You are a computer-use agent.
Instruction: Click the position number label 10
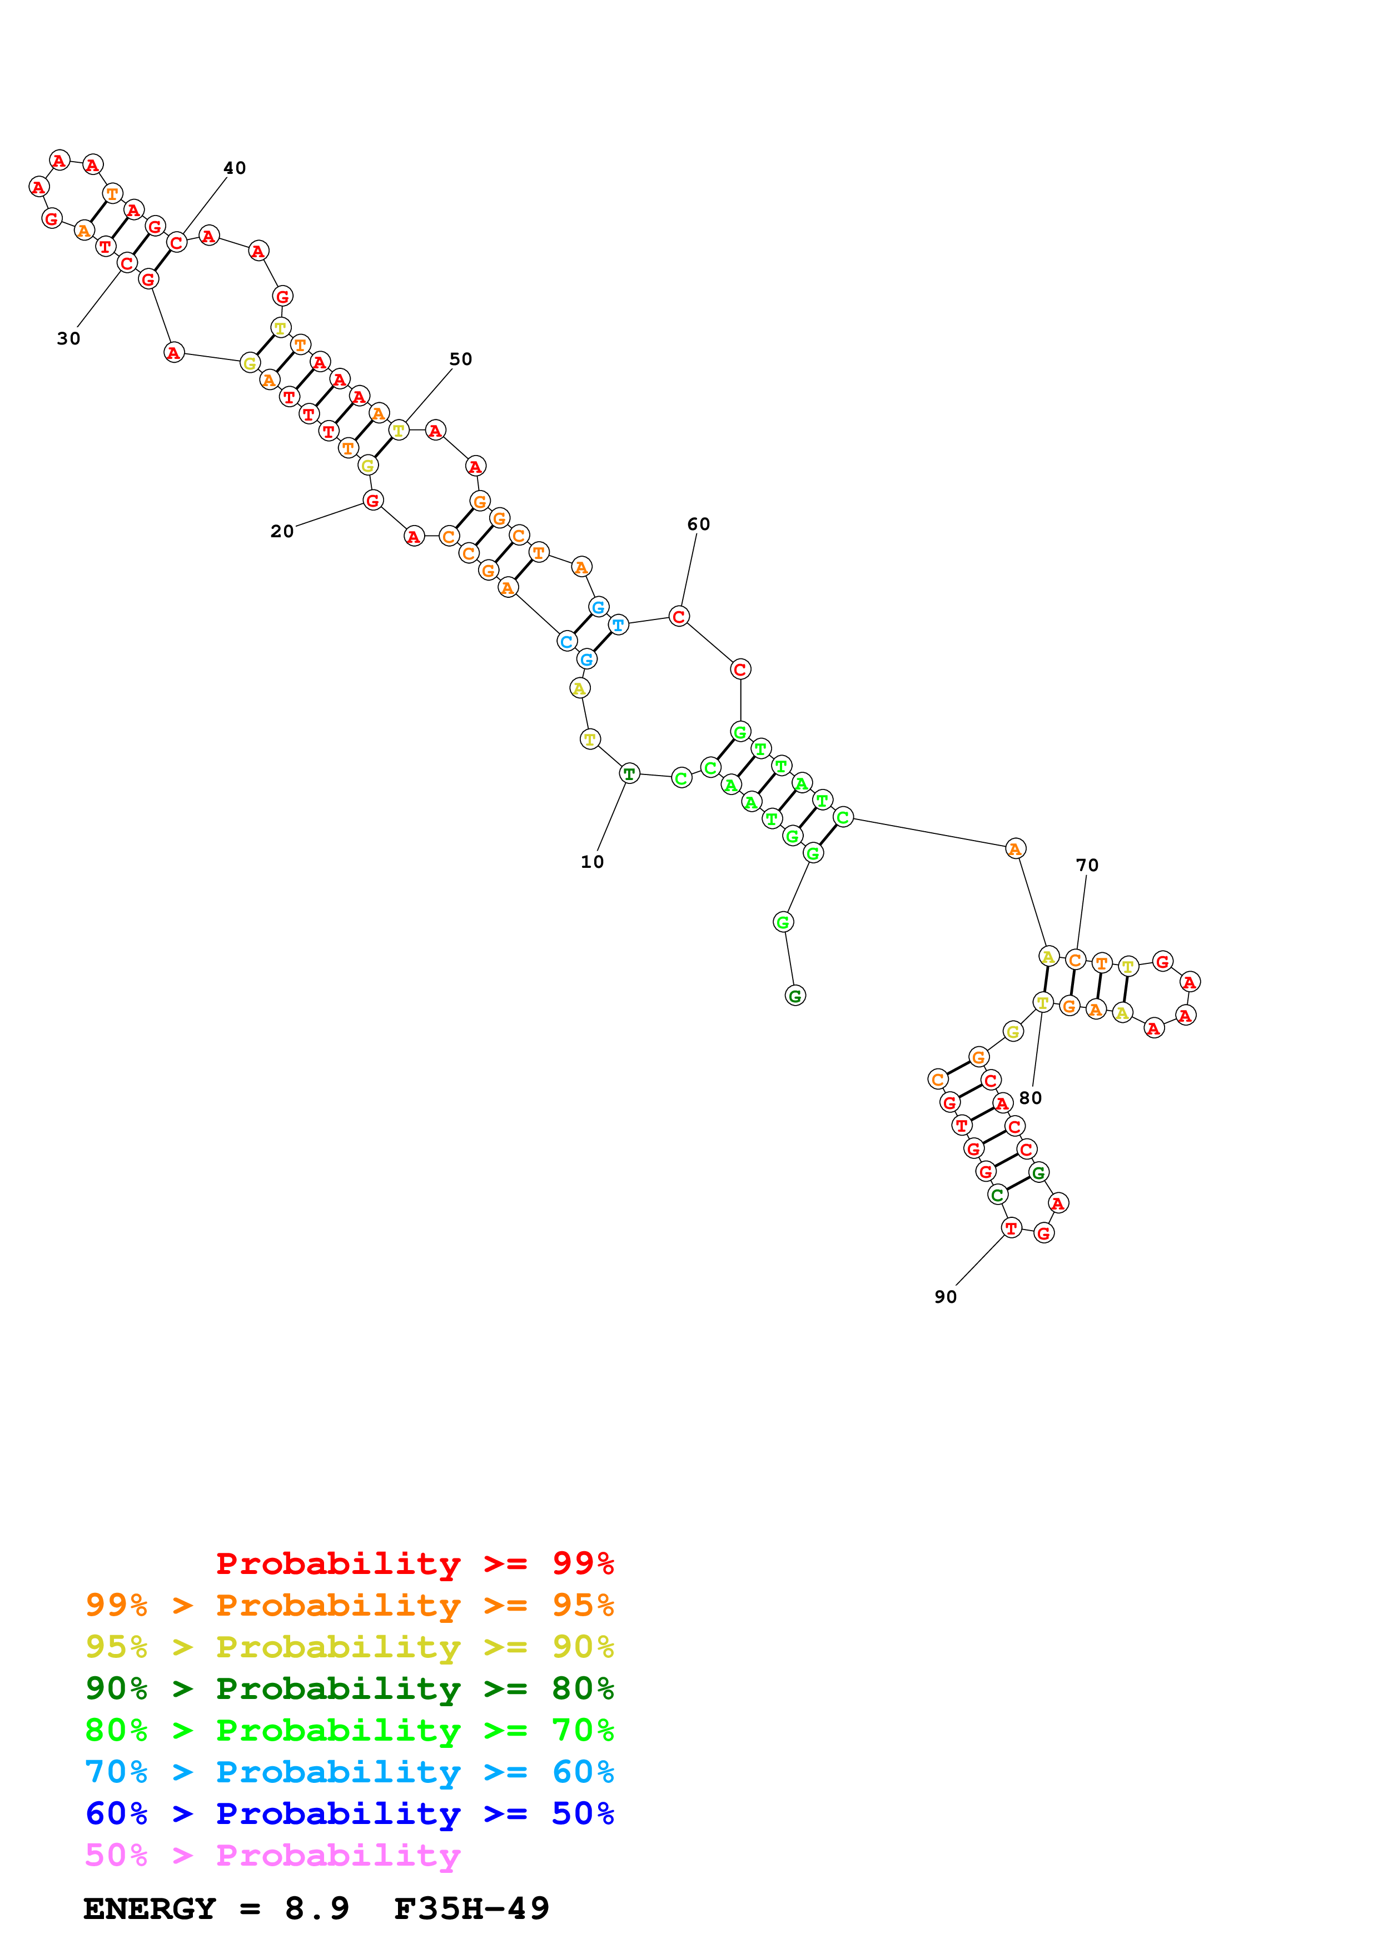[x=592, y=862]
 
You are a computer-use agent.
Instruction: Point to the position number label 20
[x=282, y=531]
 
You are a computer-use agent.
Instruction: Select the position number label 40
[x=235, y=168]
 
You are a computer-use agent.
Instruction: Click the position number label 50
[x=460, y=359]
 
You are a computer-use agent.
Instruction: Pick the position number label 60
[x=698, y=524]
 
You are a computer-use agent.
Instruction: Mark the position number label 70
[x=1087, y=865]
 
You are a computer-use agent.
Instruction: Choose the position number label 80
[x=1030, y=1098]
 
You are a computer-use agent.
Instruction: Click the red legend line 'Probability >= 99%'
[x=414, y=1563]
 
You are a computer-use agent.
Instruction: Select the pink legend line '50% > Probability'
[x=272, y=1855]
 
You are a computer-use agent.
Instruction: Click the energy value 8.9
[x=317, y=1908]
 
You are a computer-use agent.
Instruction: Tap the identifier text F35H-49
[x=471, y=1908]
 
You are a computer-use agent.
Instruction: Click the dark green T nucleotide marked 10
[x=628, y=773]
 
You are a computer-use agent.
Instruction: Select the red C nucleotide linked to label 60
[x=678, y=616]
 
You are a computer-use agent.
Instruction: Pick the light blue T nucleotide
[x=618, y=625]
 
